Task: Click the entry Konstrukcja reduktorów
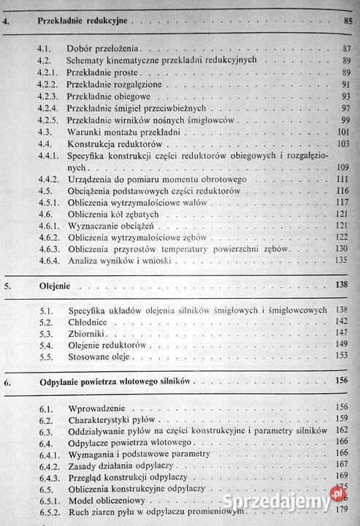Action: tap(111, 144)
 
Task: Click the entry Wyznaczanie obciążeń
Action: tap(110, 226)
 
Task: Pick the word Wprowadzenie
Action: tap(99, 408)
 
